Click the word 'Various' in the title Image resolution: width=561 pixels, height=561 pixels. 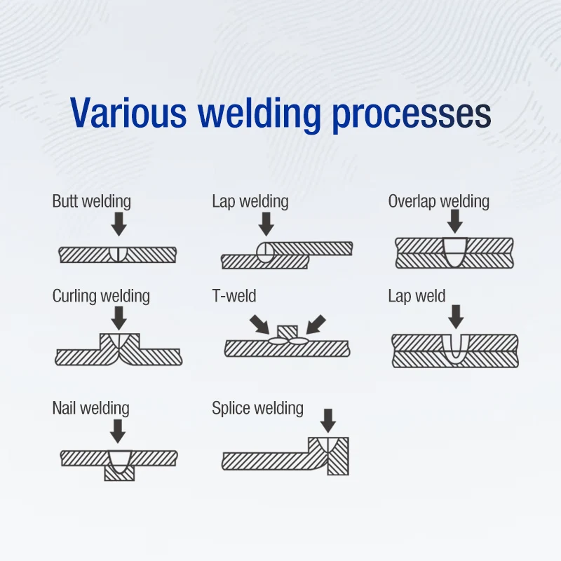128,112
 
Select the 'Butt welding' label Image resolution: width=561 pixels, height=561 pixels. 92,201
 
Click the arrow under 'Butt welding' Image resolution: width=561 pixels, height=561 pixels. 119,224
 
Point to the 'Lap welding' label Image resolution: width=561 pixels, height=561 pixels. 250,201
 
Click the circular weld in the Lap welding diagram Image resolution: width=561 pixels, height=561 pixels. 266,252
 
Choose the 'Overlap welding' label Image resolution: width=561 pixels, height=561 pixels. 439,201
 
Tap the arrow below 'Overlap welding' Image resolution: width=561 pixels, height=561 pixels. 455,222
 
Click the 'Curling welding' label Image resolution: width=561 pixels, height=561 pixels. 101,296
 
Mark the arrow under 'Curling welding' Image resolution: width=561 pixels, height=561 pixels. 119,318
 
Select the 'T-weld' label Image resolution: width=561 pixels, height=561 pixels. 234,296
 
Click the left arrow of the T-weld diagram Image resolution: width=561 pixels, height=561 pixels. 259,325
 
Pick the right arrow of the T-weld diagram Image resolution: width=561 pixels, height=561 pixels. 316,325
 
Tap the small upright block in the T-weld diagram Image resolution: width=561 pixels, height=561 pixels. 288,332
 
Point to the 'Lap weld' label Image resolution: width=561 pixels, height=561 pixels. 417,296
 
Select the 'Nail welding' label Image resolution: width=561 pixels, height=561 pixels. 91,408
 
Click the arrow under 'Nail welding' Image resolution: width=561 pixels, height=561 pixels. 118,431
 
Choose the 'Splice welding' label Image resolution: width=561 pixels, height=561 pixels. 257,408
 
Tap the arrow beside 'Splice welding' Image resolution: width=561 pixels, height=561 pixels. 327,421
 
